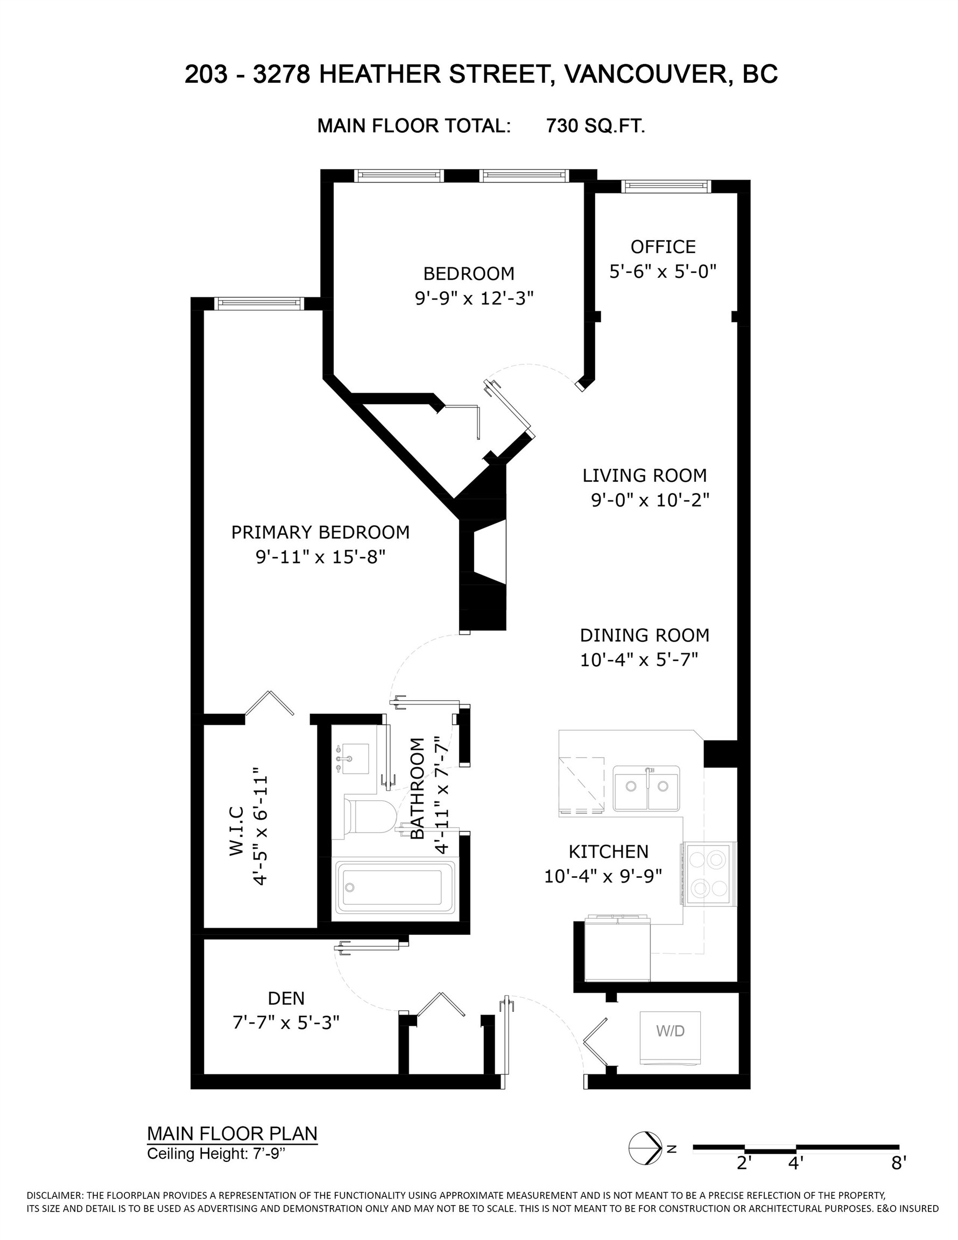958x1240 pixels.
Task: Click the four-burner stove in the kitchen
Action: pyautogui.click(x=709, y=874)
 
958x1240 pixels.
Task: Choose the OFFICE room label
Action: pyautogui.click(x=663, y=247)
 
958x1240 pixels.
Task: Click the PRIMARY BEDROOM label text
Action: pyautogui.click(x=320, y=533)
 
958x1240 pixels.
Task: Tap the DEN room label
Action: pyautogui.click(x=286, y=998)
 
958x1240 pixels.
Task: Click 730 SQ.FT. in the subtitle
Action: pyautogui.click(x=595, y=125)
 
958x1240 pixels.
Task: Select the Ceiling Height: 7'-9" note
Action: pyautogui.click(x=216, y=1154)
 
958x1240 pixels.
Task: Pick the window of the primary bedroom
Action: pyautogui.click(x=259, y=302)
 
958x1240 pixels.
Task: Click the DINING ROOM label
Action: pyautogui.click(x=645, y=635)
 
